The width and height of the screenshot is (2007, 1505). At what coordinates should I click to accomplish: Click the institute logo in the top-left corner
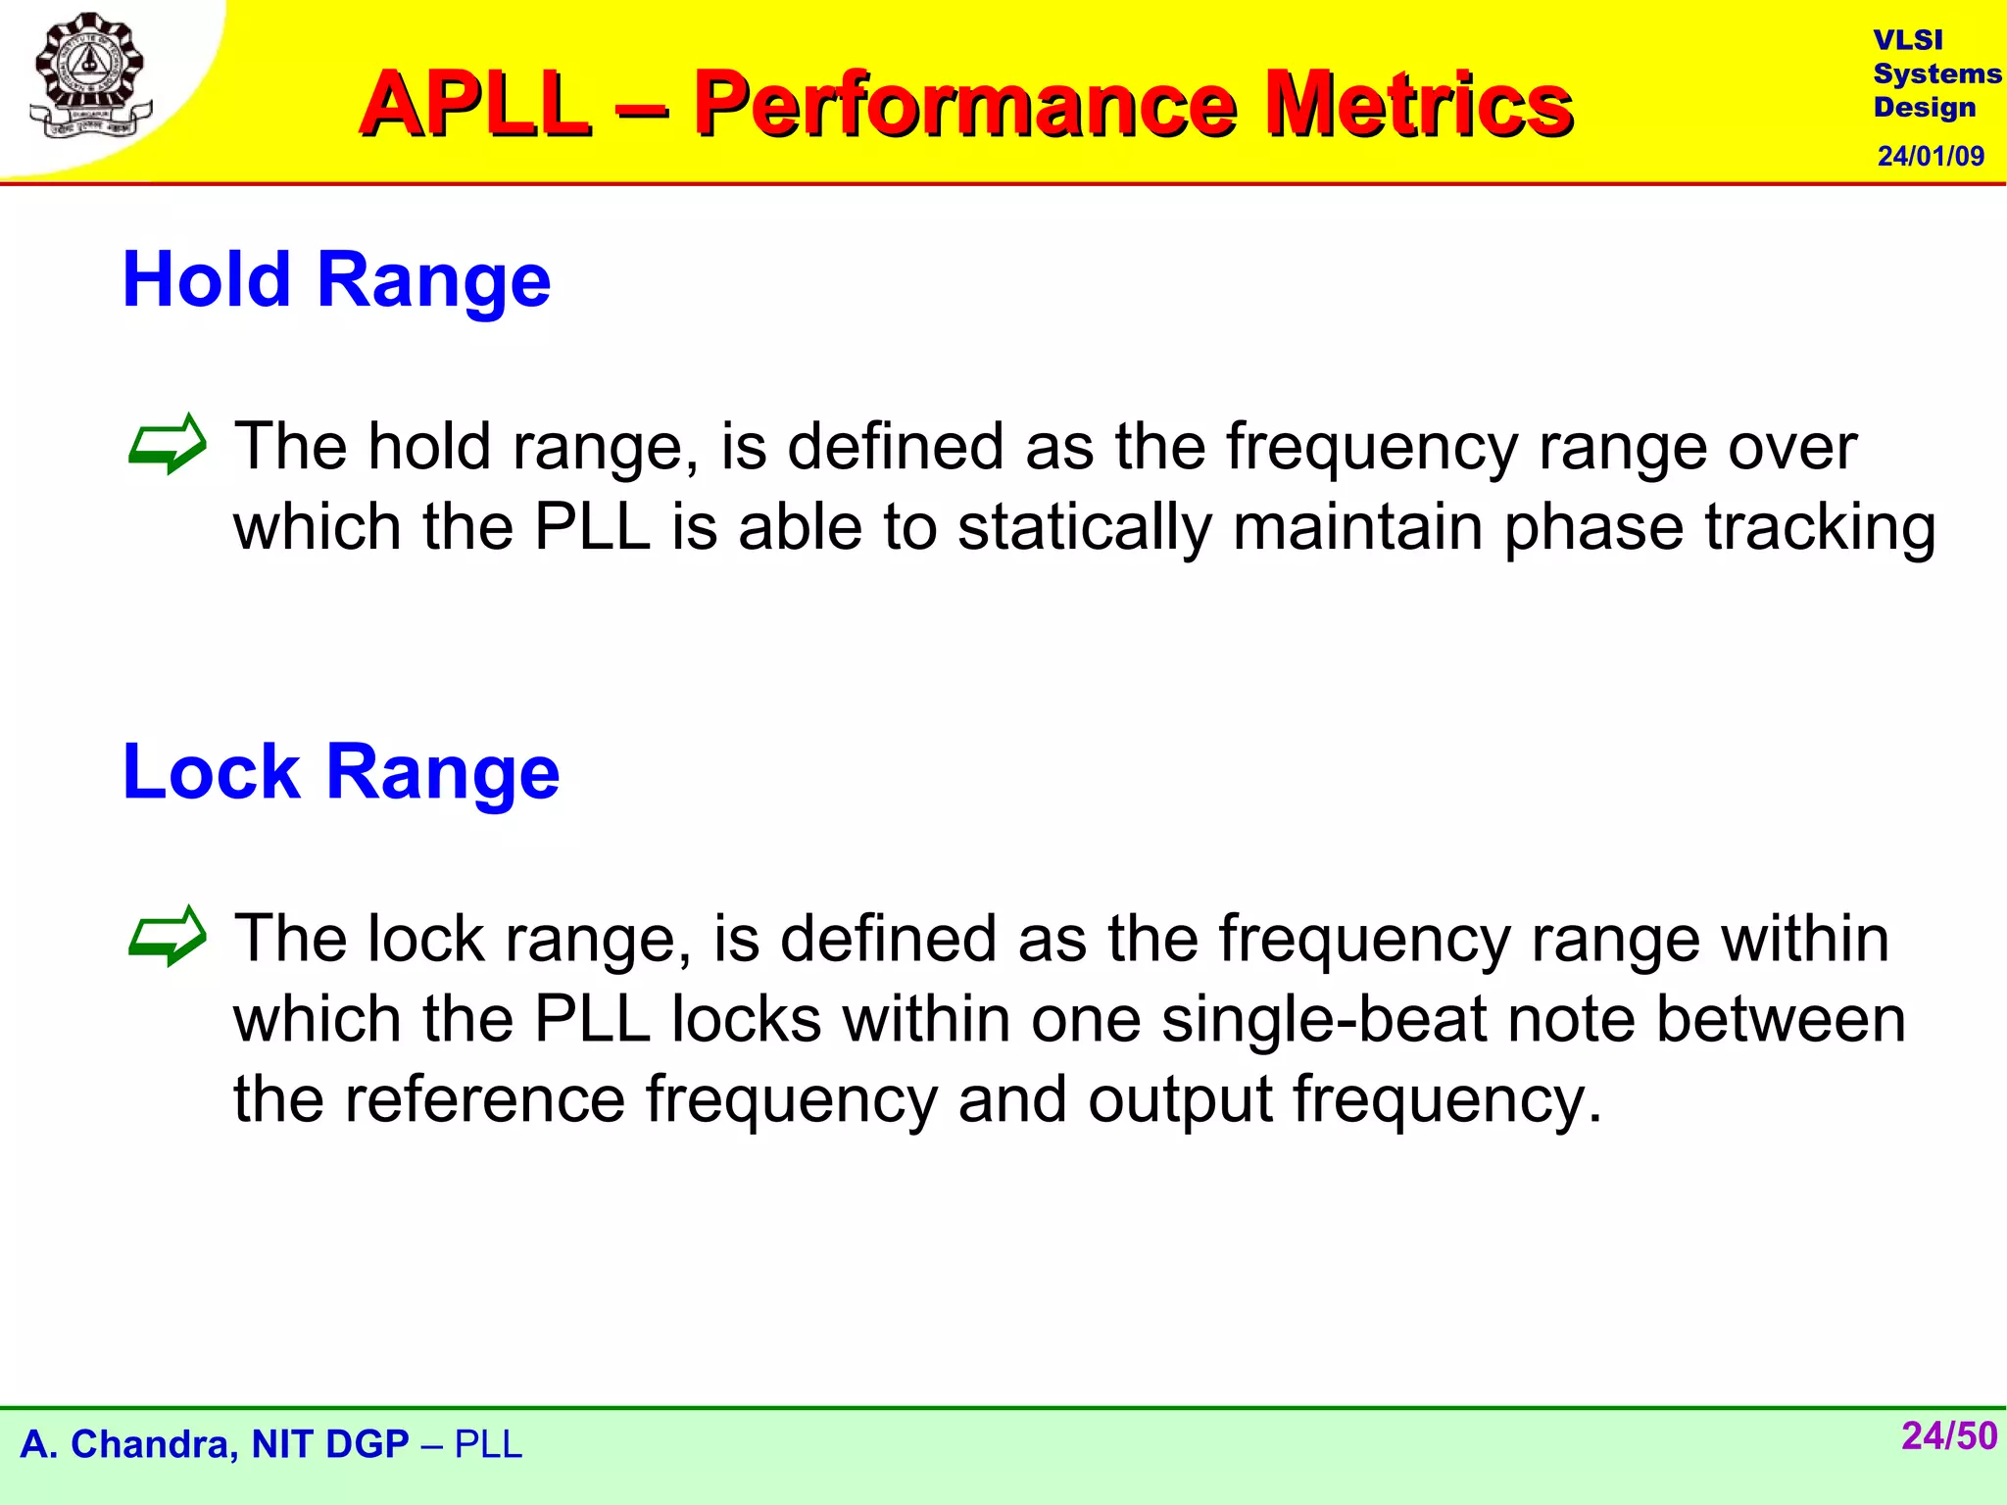click(90, 76)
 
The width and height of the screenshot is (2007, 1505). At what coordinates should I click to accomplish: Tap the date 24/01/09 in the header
click(1931, 156)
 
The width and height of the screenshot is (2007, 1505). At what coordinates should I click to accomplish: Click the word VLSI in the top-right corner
click(1907, 40)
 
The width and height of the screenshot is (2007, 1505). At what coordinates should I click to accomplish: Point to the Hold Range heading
click(336, 280)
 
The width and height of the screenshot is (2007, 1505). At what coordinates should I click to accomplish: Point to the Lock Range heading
click(340, 772)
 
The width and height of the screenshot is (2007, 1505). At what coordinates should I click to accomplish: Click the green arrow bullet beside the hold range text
click(168, 445)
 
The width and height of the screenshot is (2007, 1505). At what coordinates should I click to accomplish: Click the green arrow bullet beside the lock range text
click(168, 937)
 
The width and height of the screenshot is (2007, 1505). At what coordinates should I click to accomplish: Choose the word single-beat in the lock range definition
click(1323, 1020)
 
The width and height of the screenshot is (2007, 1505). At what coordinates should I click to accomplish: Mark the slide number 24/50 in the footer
click(1948, 1436)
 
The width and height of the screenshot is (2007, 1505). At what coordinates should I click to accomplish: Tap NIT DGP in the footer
click(329, 1444)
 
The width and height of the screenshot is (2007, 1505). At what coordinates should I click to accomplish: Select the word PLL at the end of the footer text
click(488, 1444)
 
